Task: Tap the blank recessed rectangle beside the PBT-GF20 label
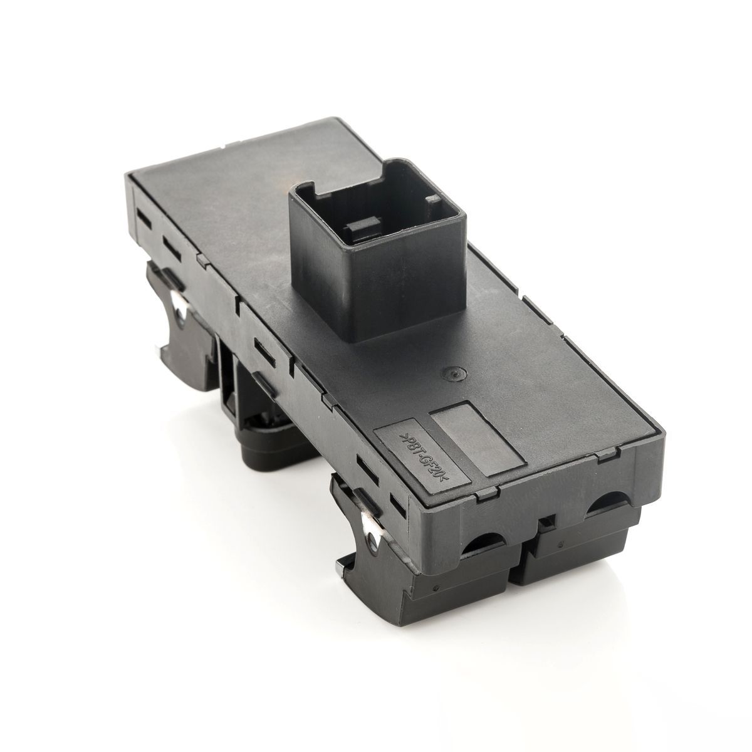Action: (x=476, y=439)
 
